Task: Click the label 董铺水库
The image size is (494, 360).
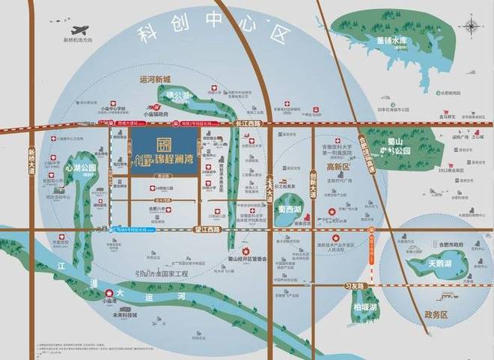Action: click(x=391, y=42)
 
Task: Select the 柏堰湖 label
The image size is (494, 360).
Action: click(x=365, y=308)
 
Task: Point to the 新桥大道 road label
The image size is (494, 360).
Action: click(x=32, y=161)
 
